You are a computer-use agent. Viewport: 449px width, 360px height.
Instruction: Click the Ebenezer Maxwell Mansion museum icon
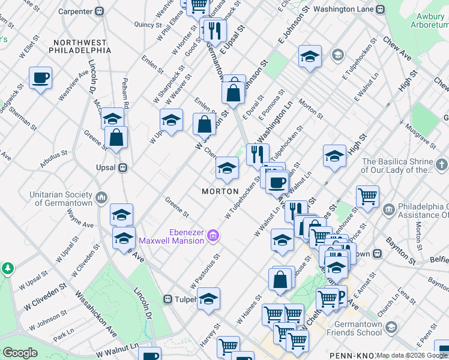point(212,238)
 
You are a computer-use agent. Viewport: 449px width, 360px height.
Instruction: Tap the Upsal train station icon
point(122,167)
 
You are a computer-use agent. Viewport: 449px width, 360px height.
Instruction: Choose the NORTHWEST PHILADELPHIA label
point(82,47)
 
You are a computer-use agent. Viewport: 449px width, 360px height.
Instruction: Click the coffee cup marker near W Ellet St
point(40,79)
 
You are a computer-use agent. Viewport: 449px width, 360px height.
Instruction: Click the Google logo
point(20,353)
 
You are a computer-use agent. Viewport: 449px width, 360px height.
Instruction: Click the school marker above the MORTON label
point(227,169)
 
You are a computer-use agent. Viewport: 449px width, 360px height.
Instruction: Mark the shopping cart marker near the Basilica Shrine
point(367,196)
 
